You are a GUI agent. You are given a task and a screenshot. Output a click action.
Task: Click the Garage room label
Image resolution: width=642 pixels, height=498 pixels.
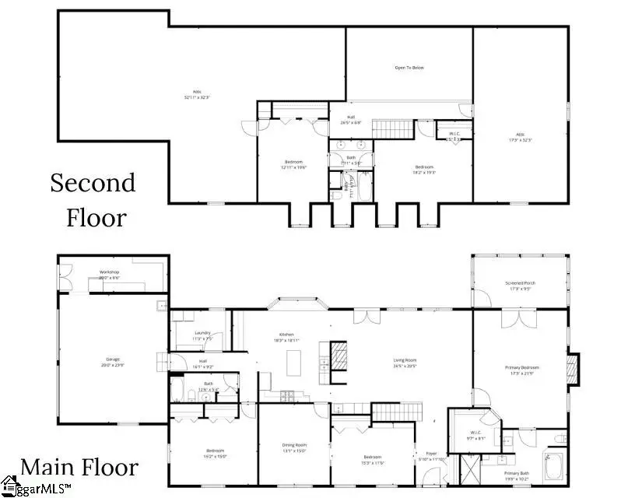coord(113,362)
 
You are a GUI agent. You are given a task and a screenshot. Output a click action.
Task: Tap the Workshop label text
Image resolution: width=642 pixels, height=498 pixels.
coord(108,275)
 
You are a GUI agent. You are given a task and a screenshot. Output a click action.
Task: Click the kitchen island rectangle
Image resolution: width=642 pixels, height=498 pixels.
coord(293,363)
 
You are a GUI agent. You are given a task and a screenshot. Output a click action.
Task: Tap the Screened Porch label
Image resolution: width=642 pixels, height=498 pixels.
coord(520,286)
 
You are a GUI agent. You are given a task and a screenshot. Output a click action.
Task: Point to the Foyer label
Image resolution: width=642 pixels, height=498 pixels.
coord(430,456)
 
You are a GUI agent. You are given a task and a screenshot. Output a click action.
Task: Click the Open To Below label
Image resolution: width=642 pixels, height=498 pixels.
coord(409,68)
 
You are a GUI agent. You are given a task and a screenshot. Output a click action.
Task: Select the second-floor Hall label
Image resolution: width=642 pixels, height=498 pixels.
coord(351,119)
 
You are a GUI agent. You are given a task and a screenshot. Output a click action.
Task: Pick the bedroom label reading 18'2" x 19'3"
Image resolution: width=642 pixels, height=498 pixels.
coord(423,169)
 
